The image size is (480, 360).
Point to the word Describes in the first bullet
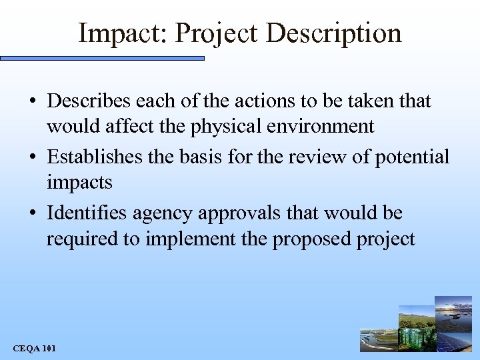(x=89, y=101)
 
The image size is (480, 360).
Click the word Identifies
(x=87, y=213)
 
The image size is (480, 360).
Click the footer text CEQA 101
(x=34, y=349)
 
